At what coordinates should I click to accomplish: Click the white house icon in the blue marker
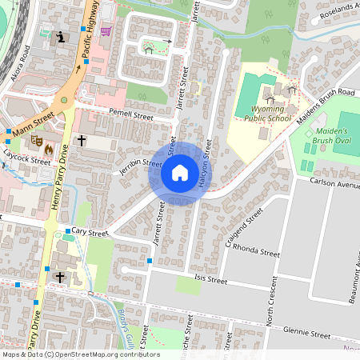tap(180, 173)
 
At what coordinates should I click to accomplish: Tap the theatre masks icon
tap(36, 139)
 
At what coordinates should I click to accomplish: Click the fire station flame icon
tap(48, 149)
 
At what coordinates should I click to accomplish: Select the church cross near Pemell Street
tap(81, 142)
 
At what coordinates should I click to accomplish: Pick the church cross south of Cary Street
tap(60, 277)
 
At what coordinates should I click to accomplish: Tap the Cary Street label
tap(89, 232)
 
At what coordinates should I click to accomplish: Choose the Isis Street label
tap(211, 281)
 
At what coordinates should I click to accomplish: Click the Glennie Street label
tap(308, 334)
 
